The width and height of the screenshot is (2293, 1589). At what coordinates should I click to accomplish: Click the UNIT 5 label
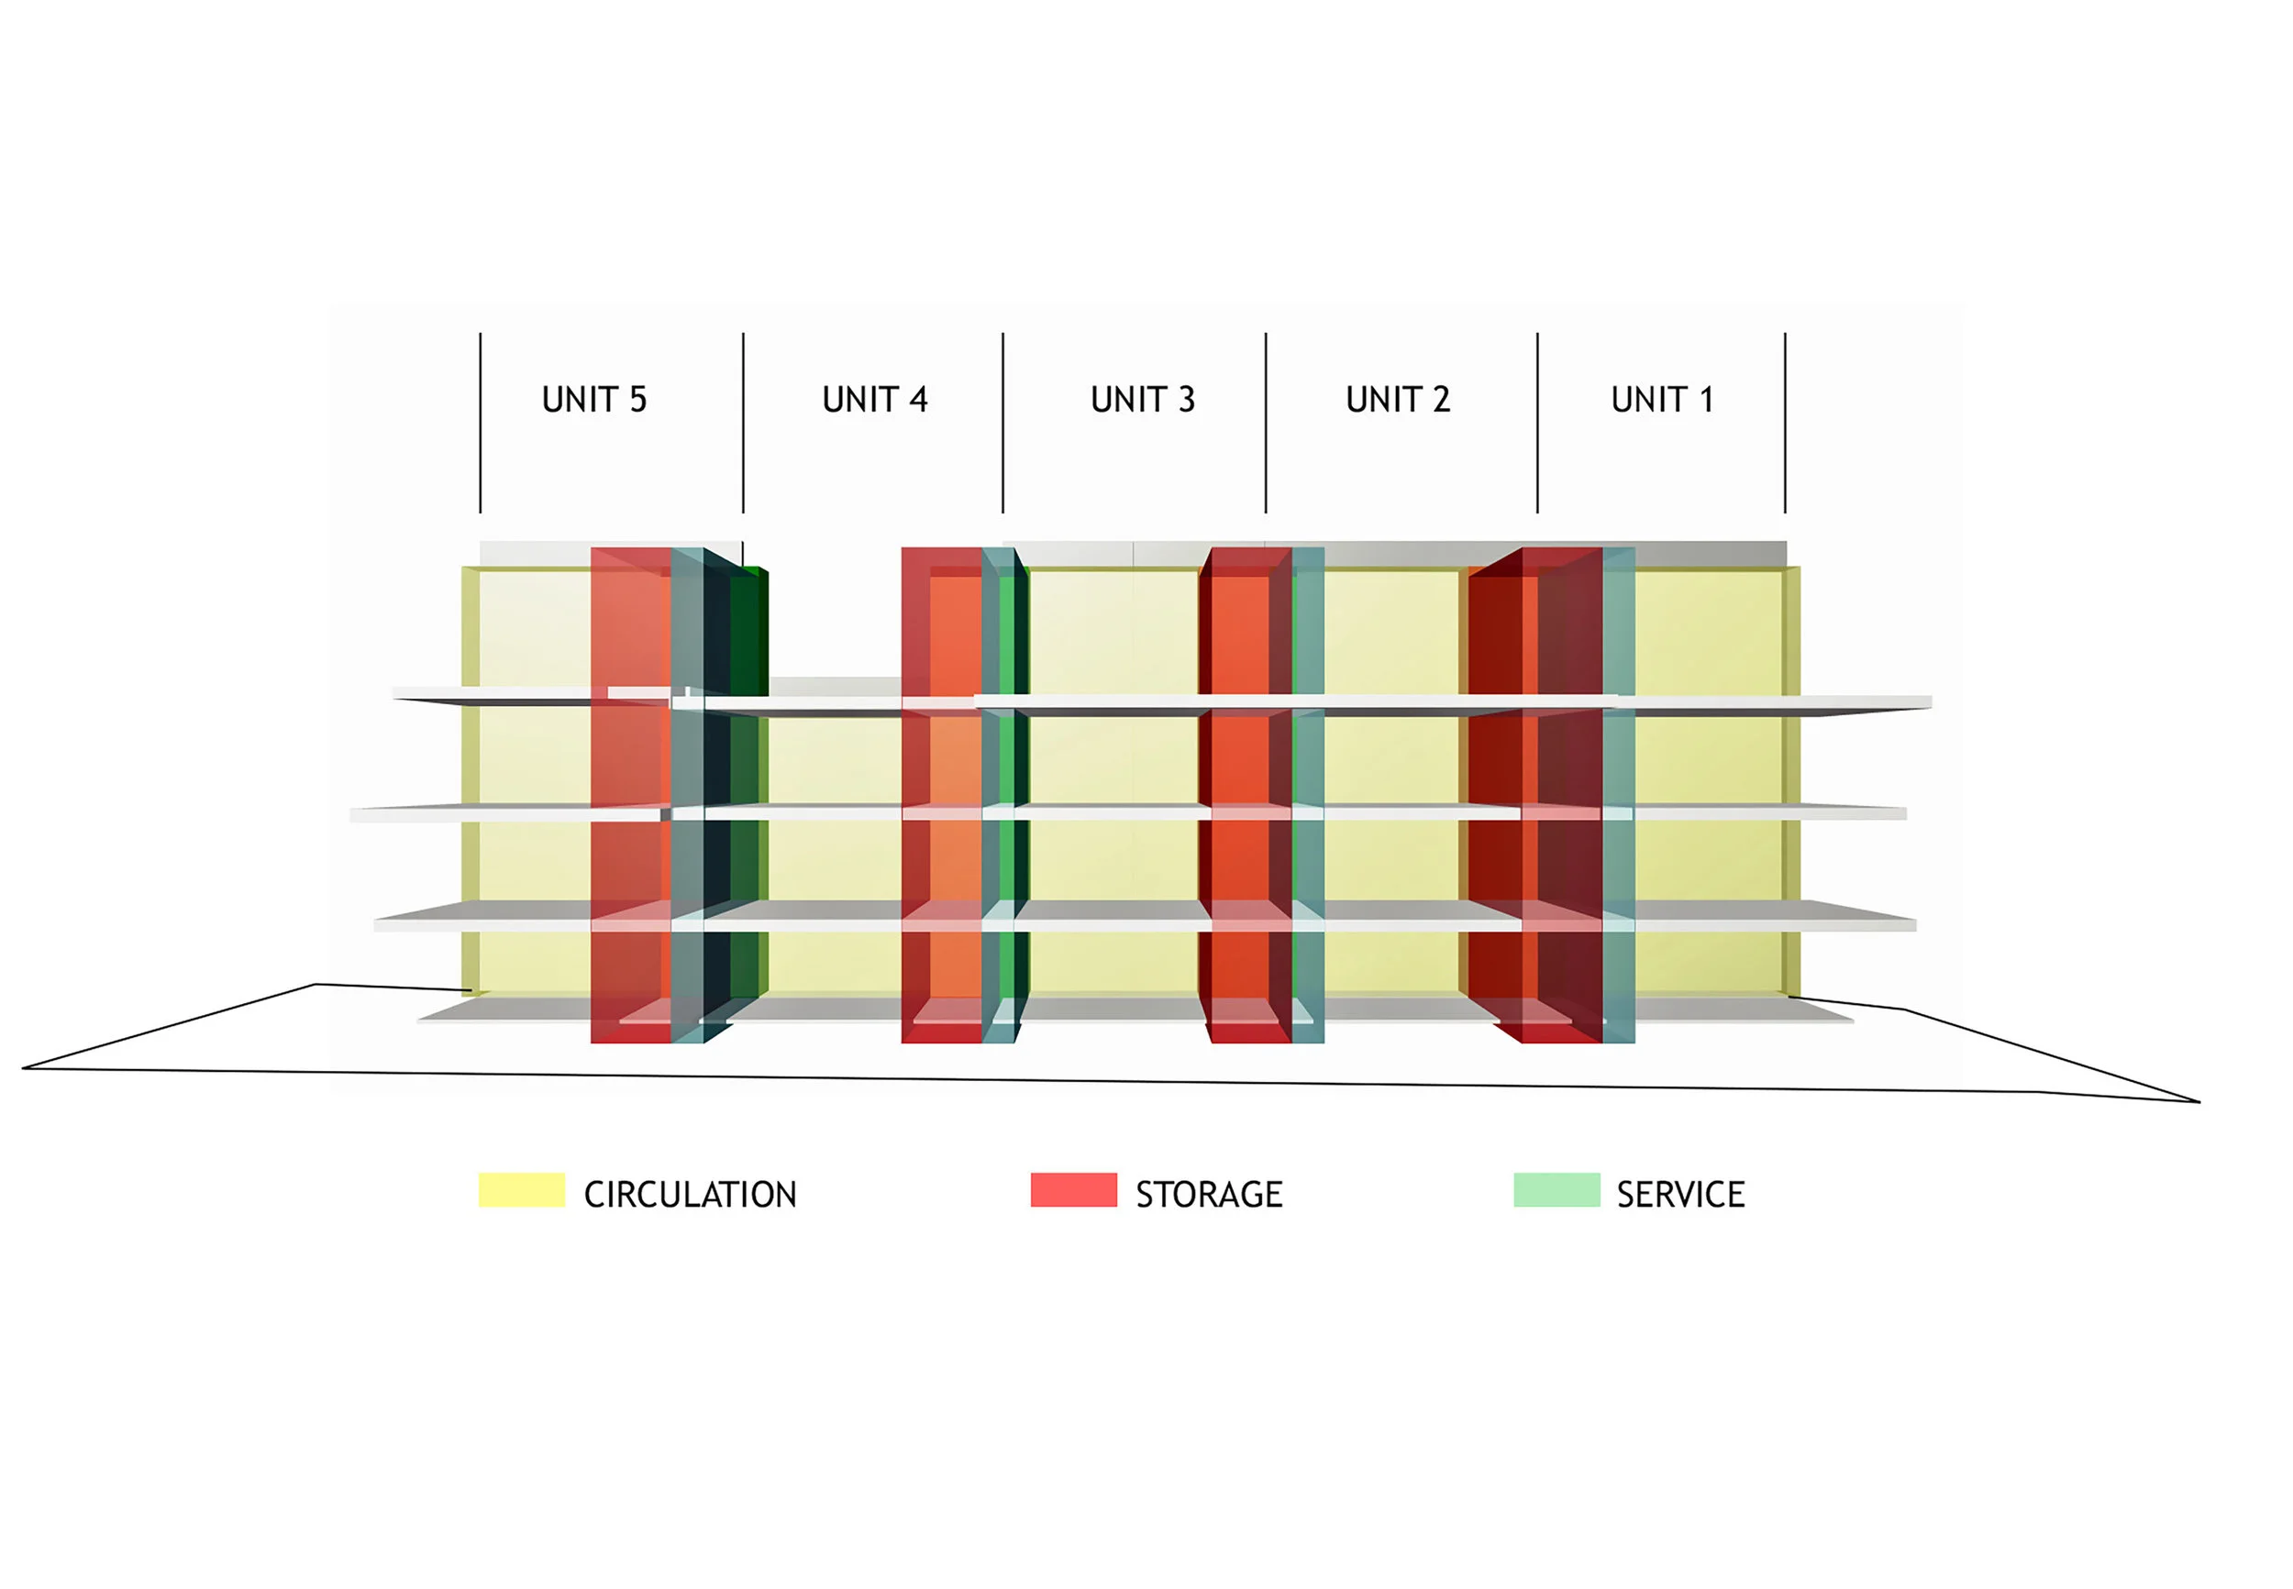(x=593, y=399)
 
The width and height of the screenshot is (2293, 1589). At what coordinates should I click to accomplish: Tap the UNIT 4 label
(x=874, y=399)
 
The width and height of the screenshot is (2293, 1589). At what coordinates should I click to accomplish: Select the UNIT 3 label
(x=1142, y=399)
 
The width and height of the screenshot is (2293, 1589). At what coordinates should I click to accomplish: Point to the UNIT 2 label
(x=1397, y=399)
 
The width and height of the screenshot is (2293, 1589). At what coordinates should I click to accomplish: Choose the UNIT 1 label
(x=1661, y=399)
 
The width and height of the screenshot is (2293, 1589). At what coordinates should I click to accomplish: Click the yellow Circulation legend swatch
(x=521, y=1190)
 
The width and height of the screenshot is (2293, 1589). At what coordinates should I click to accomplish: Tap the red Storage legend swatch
(x=1073, y=1190)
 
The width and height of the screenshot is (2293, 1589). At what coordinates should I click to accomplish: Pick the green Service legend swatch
(x=1556, y=1190)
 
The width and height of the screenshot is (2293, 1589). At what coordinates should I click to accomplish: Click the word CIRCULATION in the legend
(x=690, y=1194)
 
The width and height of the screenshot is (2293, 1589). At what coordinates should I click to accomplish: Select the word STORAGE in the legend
(x=1209, y=1194)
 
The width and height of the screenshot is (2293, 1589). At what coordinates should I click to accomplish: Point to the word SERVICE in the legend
(x=1679, y=1194)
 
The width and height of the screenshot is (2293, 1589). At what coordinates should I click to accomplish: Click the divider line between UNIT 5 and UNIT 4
(x=743, y=423)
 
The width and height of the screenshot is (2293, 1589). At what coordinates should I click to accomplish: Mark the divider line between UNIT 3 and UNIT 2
(x=1266, y=423)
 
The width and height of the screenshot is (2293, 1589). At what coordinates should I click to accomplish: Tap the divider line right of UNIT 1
(x=1785, y=423)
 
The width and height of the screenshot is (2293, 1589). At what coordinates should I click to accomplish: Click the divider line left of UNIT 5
(x=480, y=423)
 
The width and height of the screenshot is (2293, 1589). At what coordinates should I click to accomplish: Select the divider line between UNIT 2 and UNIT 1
(x=1537, y=423)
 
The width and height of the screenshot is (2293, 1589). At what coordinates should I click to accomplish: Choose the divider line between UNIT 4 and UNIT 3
(x=1002, y=423)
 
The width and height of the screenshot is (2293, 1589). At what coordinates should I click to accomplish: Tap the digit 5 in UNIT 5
(x=638, y=399)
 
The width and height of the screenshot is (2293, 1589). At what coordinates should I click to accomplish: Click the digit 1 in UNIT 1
(x=1706, y=399)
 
